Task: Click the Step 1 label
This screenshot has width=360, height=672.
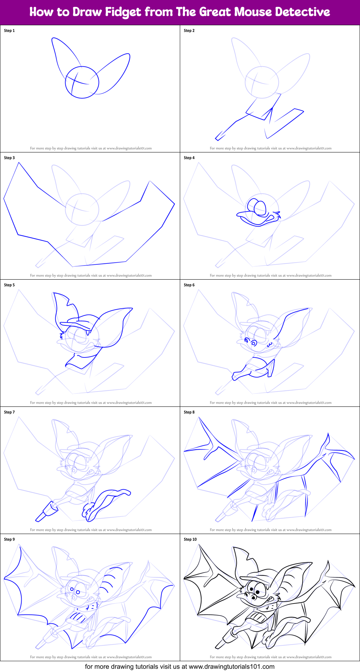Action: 9,31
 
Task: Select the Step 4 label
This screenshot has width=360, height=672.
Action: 189,158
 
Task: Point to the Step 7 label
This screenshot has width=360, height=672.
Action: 9,412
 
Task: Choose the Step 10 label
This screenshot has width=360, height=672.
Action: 190,539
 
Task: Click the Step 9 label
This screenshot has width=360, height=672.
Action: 9,539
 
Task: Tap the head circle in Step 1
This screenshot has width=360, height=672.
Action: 82,83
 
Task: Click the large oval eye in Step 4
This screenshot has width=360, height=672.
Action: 259,208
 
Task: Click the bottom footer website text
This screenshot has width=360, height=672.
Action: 180,667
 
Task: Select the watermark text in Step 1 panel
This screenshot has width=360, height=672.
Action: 91,148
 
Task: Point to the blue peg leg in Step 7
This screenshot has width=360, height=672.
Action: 45,512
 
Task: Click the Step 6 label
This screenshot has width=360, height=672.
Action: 189,285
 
